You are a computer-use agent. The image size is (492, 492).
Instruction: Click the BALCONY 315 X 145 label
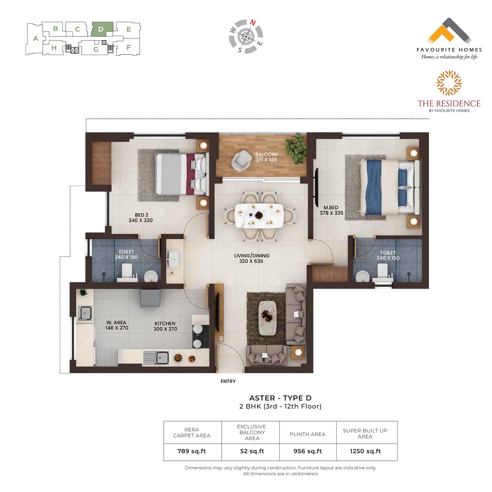(x=266, y=157)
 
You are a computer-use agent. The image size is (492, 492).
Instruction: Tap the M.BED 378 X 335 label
(x=331, y=210)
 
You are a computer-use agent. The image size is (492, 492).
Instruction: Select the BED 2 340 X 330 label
(x=141, y=218)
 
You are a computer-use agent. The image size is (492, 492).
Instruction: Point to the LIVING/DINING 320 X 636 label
(x=252, y=258)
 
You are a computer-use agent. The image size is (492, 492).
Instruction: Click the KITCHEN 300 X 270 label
(x=165, y=326)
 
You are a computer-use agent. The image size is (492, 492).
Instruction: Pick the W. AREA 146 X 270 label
(x=116, y=325)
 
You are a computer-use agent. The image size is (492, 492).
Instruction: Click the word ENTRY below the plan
(x=228, y=381)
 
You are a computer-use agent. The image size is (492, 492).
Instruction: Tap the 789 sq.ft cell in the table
(x=192, y=451)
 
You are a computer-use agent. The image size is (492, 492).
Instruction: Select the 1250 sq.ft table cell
(x=365, y=451)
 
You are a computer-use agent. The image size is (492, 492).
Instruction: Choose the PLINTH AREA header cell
(x=308, y=434)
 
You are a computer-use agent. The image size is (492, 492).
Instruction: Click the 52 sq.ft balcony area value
(x=252, y=451)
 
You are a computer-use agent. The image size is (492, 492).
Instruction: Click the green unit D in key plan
(x=102, y=29)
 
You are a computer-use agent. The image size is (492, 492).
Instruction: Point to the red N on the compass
(x=253, y=23)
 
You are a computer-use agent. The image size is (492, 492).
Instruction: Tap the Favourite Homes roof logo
(x=450, y=31)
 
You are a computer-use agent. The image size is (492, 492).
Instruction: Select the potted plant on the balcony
(x=296, y=148)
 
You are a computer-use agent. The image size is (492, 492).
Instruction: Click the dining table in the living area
(x=259, y=215)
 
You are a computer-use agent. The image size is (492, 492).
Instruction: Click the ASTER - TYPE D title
(x=280, y=398)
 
